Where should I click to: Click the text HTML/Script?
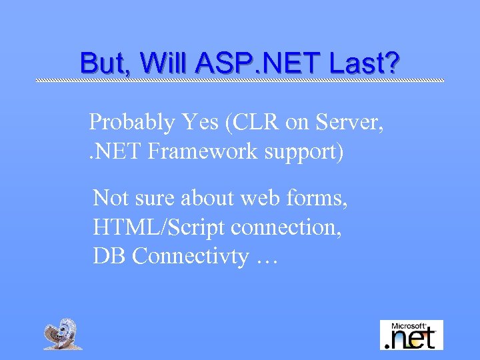pyautogui.click(x=159, y=227)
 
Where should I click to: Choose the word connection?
pyautogui.click(x=287, y=227)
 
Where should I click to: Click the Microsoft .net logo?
pyautogui.click(x=411, y=335)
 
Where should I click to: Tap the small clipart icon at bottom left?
pyautogui.click(x=63, y=334)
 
